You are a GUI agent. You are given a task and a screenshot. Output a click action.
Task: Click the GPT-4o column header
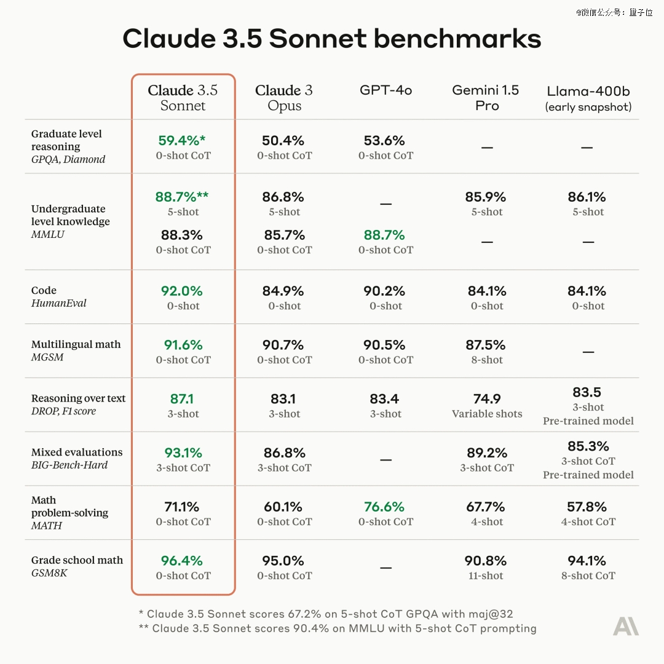click(385, 90)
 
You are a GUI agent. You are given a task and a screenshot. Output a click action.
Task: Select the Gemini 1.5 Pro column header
click(485, 98)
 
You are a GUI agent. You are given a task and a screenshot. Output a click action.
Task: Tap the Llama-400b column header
click(588, 98)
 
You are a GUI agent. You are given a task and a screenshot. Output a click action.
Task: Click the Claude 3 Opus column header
click(284, 98)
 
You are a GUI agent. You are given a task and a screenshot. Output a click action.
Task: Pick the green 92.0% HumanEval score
click(183, 291)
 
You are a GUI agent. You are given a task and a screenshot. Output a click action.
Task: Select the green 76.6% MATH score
click(384, 507)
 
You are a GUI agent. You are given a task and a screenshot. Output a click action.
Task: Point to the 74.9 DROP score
click(487, 399)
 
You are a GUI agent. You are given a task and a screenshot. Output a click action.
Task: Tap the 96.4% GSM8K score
click(182, 561)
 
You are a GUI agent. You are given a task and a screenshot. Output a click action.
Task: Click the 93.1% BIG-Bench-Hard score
click(183, 453)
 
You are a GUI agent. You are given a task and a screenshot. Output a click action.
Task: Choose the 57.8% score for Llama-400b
click(587, 507)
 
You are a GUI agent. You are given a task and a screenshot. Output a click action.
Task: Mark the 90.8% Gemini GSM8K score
click(486, 561)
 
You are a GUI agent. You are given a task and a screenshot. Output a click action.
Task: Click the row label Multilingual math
click(76, 344)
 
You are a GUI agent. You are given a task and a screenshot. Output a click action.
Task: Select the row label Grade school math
click(77, 560)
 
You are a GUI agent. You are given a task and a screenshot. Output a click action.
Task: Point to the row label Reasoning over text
click(78, 398)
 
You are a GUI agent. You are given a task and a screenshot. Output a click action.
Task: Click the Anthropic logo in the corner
click(625, 626)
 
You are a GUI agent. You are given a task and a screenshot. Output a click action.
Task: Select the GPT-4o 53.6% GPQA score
click(384, 141)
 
